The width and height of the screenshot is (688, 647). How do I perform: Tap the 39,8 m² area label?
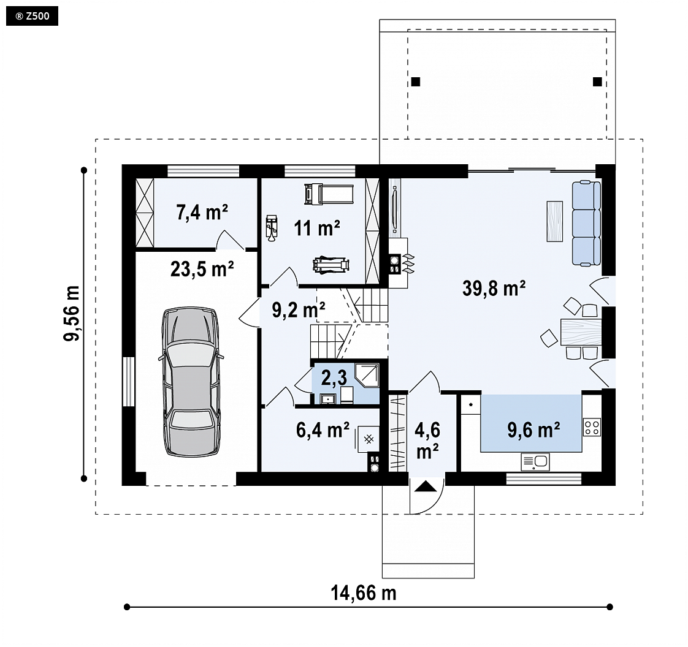[x=494, y=289]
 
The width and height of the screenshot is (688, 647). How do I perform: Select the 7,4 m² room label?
[x=202, y=212]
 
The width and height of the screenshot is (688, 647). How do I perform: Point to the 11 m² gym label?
[x=317, y=228]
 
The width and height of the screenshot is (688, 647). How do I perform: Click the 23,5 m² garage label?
[x=202, y=269]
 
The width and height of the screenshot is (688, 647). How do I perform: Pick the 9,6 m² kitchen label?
[x=533, y=429]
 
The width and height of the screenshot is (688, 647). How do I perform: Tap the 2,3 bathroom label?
[x=334, y=377]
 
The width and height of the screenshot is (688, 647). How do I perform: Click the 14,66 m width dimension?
[x=363, y=593]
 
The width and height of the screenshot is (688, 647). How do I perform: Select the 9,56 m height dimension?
[x=72, y=313]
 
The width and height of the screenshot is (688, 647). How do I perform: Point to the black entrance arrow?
[x=425, y=486]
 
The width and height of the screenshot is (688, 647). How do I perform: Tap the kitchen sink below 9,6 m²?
[x=535, y=461]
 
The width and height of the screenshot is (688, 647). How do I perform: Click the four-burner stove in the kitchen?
[x=592, y=428]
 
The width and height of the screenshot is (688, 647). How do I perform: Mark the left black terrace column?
[x=416, y=81]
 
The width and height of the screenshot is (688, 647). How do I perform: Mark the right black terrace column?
[x=597, y=81]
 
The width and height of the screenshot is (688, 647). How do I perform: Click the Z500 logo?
[x=32, y=16]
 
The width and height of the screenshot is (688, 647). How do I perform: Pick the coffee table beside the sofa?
[x=554, y=221]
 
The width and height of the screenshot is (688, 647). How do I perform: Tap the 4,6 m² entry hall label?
[x=427, y=441]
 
